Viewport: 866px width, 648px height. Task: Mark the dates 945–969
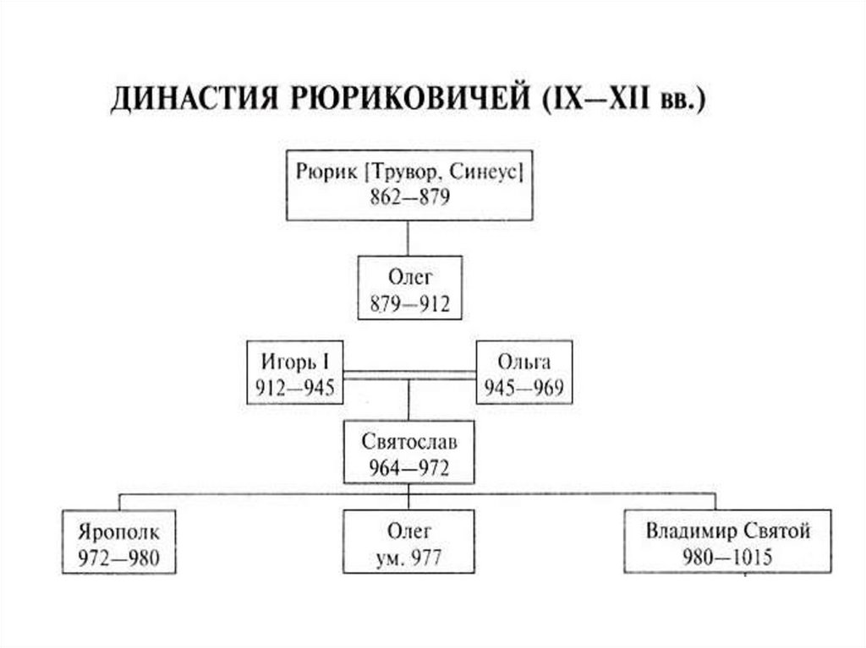click(x=524, y=389)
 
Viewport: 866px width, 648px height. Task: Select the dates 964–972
click(x=409, y=467)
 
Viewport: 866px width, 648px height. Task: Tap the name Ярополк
click(x=119, y=532)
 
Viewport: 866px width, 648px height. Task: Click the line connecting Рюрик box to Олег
click(x=408, y=238)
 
